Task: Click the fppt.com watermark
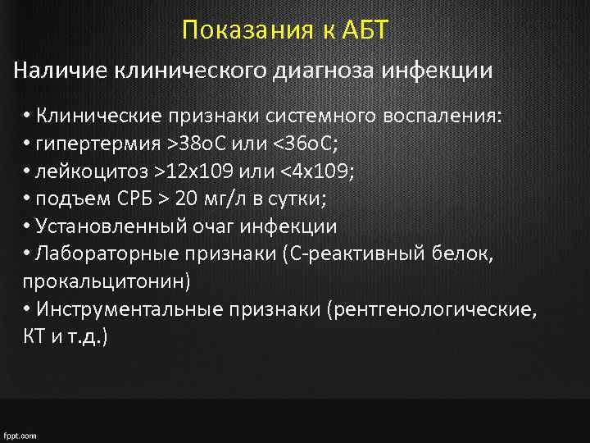[x=20, y=436]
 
